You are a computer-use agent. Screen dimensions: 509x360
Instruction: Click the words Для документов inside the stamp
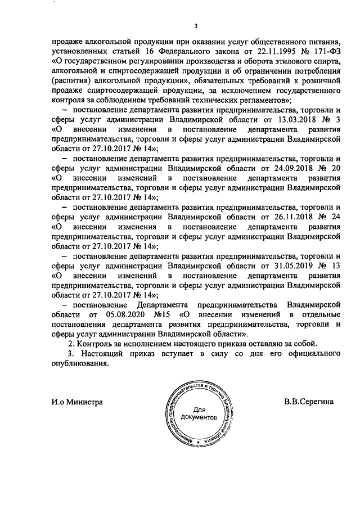[200, 413]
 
